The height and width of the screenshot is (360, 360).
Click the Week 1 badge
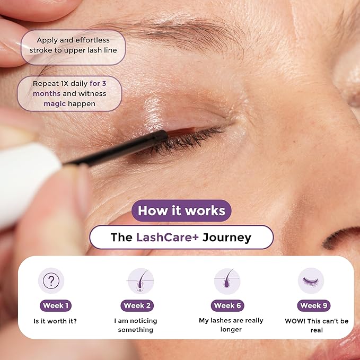(55, 305)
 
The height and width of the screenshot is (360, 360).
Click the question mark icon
(51, 280)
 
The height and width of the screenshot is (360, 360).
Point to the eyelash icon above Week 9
(310, 280)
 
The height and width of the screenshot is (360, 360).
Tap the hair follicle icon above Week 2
(141, 280)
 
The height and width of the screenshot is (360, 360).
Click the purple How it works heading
(181, 210)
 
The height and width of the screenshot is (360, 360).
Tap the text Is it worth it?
(56, 321)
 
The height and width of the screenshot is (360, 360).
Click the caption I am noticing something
(136, 325)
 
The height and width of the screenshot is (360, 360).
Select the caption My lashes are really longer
(231, 325)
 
